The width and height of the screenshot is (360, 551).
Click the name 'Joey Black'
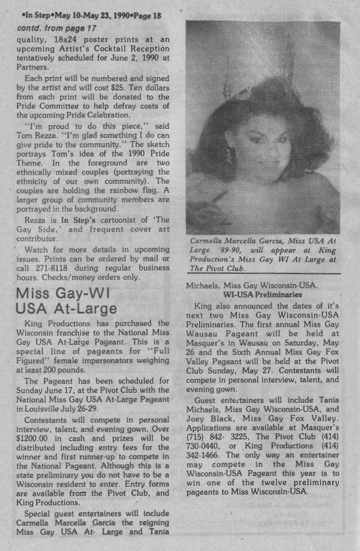coord(206,419)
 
